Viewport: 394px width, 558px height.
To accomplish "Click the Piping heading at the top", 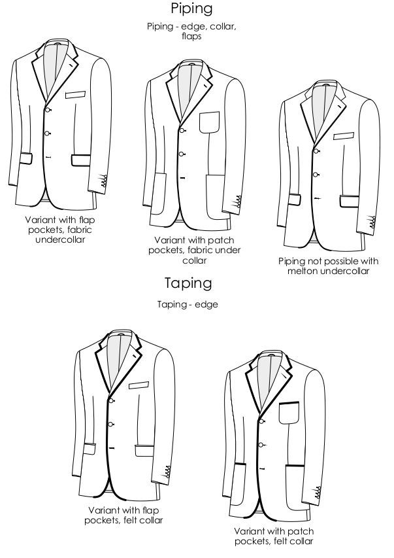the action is tap(191, 9).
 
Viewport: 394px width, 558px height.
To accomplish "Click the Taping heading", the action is tap(188, 283).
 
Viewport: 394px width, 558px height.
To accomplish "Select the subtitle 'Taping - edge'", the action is tap(188, 304).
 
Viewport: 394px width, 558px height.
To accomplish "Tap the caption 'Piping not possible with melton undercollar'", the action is tap(328, 266).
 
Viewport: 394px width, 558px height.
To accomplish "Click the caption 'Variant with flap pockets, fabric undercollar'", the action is tap(60, 230).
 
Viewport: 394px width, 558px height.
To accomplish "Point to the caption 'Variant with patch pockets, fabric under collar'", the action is tap(195, 250).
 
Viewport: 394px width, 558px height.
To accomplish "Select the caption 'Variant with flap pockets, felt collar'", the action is tap(123, 515).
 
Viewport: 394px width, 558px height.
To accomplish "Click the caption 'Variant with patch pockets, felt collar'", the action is tap(274, 536).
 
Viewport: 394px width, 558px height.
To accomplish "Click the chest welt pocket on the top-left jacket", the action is tap(75, 95).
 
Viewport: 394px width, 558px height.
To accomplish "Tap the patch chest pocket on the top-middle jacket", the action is tap(210, 122).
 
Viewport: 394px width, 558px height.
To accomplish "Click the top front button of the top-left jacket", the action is tap(48, 110).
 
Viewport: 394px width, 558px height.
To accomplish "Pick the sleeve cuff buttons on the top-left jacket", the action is tap(104, 181).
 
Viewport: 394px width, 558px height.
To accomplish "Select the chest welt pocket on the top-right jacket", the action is tap(344, 135).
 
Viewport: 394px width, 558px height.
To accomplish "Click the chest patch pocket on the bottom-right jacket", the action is tap(289, 413).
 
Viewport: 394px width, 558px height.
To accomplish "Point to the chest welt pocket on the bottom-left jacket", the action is tap(139, 385).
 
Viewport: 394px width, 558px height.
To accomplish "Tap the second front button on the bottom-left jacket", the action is tap(110, 425).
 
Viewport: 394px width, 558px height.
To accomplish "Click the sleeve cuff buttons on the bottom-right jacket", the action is tap(318, 492).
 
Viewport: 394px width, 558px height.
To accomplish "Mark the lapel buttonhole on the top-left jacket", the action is tap(71, 66).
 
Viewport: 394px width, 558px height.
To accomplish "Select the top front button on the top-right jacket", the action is tap(316, 151).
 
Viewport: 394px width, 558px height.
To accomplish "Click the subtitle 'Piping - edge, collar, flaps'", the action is tap(191, 31).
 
